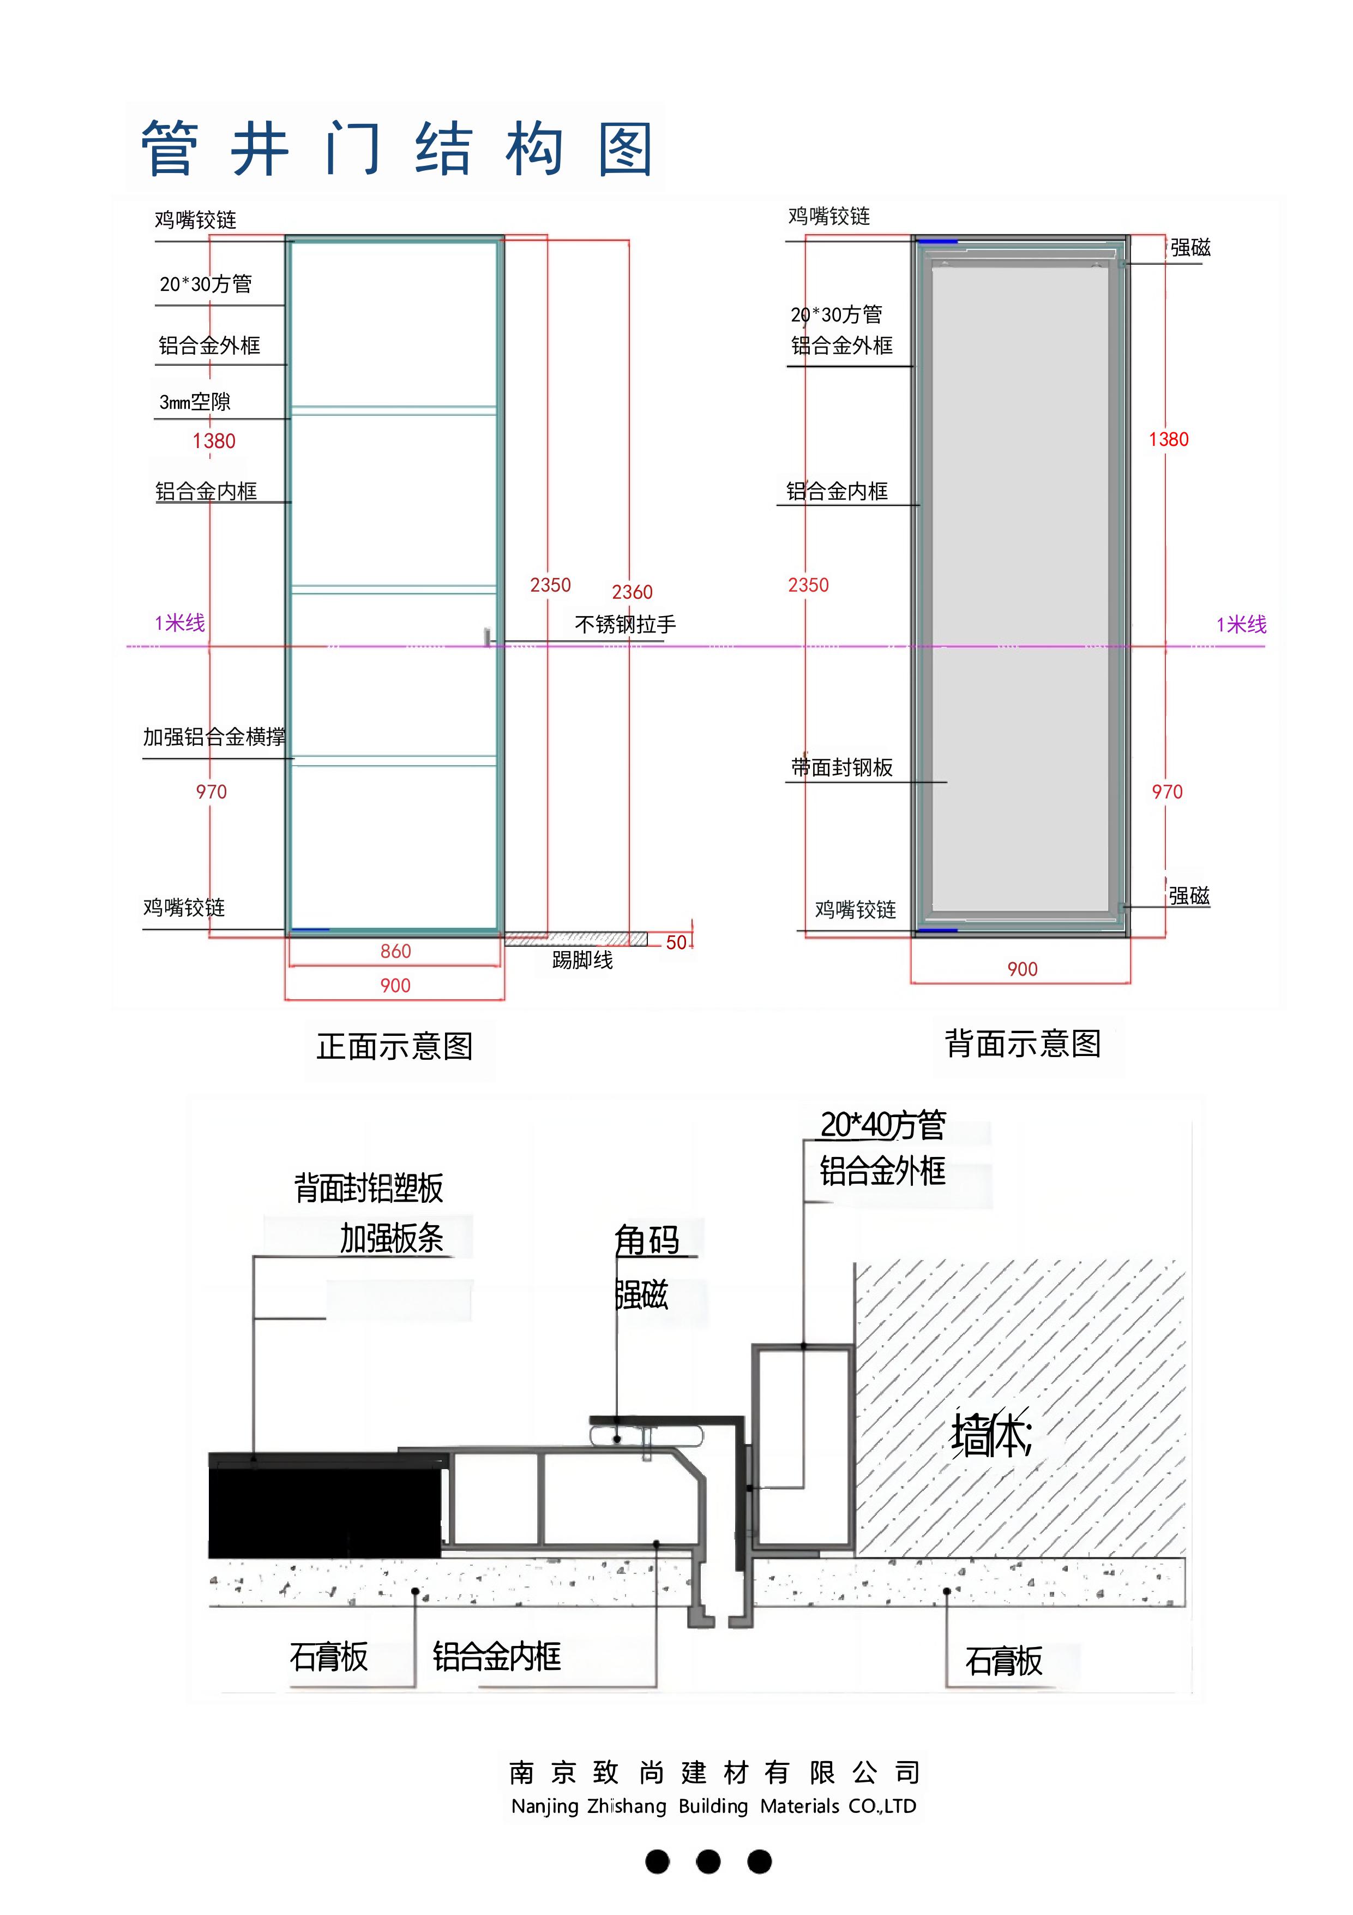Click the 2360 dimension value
pyautogui.click(x=632, y=592)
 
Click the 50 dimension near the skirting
pyautogui.click(x=676, y=942)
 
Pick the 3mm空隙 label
pyautogui.click(x=195, y=402)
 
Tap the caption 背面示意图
pyautogui.click(x=1023, y=1043)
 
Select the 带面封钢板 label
pyautogui.click(x=842, y=767)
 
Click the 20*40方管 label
pyautogui.click(x=883, y=1125)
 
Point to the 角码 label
pyautogui.click(x=647, y=1240)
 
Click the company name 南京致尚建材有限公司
pyautogui.click(x=714, y=1771)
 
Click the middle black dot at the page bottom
pyautogui.click(x=708, y=1862)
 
